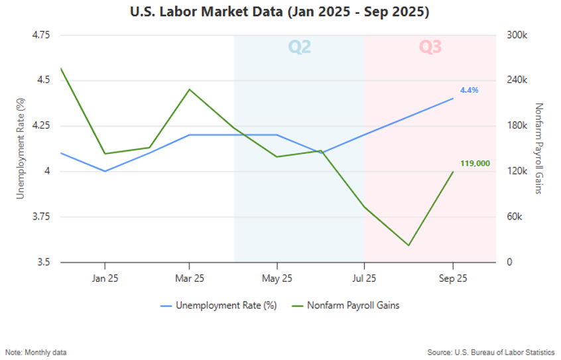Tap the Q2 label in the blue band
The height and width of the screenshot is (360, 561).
pos(299,47)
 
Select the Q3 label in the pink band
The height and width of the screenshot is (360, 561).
pos(430,47)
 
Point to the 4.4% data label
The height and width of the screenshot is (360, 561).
pos(469,90)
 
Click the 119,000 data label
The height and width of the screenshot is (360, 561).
pos(475,163)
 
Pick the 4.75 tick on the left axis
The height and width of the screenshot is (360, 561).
pos(41,35)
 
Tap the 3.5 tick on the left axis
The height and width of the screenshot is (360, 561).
pos(45,263)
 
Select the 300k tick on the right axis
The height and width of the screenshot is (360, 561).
pos(515,35)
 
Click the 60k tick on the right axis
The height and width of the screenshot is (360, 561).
pos(513,217)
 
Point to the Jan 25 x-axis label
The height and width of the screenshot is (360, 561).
pos(105,278)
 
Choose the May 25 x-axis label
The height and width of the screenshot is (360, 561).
pos(277,278)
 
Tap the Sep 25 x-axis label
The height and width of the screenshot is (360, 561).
pos(453,278)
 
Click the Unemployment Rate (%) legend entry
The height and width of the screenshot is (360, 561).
pos(218,306)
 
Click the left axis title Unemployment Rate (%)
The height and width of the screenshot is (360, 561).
pos(21,149)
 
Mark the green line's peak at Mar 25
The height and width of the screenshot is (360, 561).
pos(190,90)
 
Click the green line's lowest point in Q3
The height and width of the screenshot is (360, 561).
pos(408,245)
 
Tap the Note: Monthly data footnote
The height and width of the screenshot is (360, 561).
pos(36,352)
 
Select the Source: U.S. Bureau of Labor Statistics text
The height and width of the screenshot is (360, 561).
pos(491,352)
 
